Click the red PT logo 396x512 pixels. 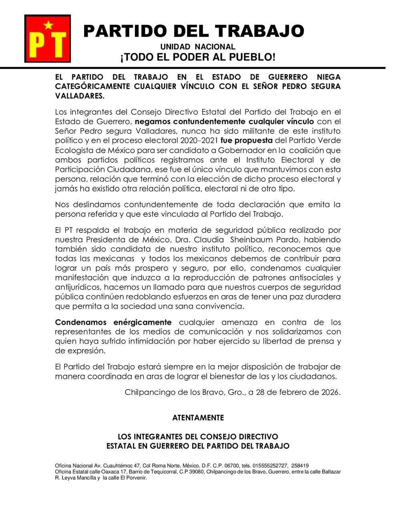48,38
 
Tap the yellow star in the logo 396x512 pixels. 48,25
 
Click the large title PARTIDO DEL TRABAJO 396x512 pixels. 193,31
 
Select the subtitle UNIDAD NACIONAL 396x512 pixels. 198,47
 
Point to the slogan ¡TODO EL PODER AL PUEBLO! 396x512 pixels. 198,57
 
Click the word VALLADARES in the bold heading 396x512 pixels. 80,96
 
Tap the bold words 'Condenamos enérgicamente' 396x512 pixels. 113,322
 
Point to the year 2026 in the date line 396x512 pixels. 330,392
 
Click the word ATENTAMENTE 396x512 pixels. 198,418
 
